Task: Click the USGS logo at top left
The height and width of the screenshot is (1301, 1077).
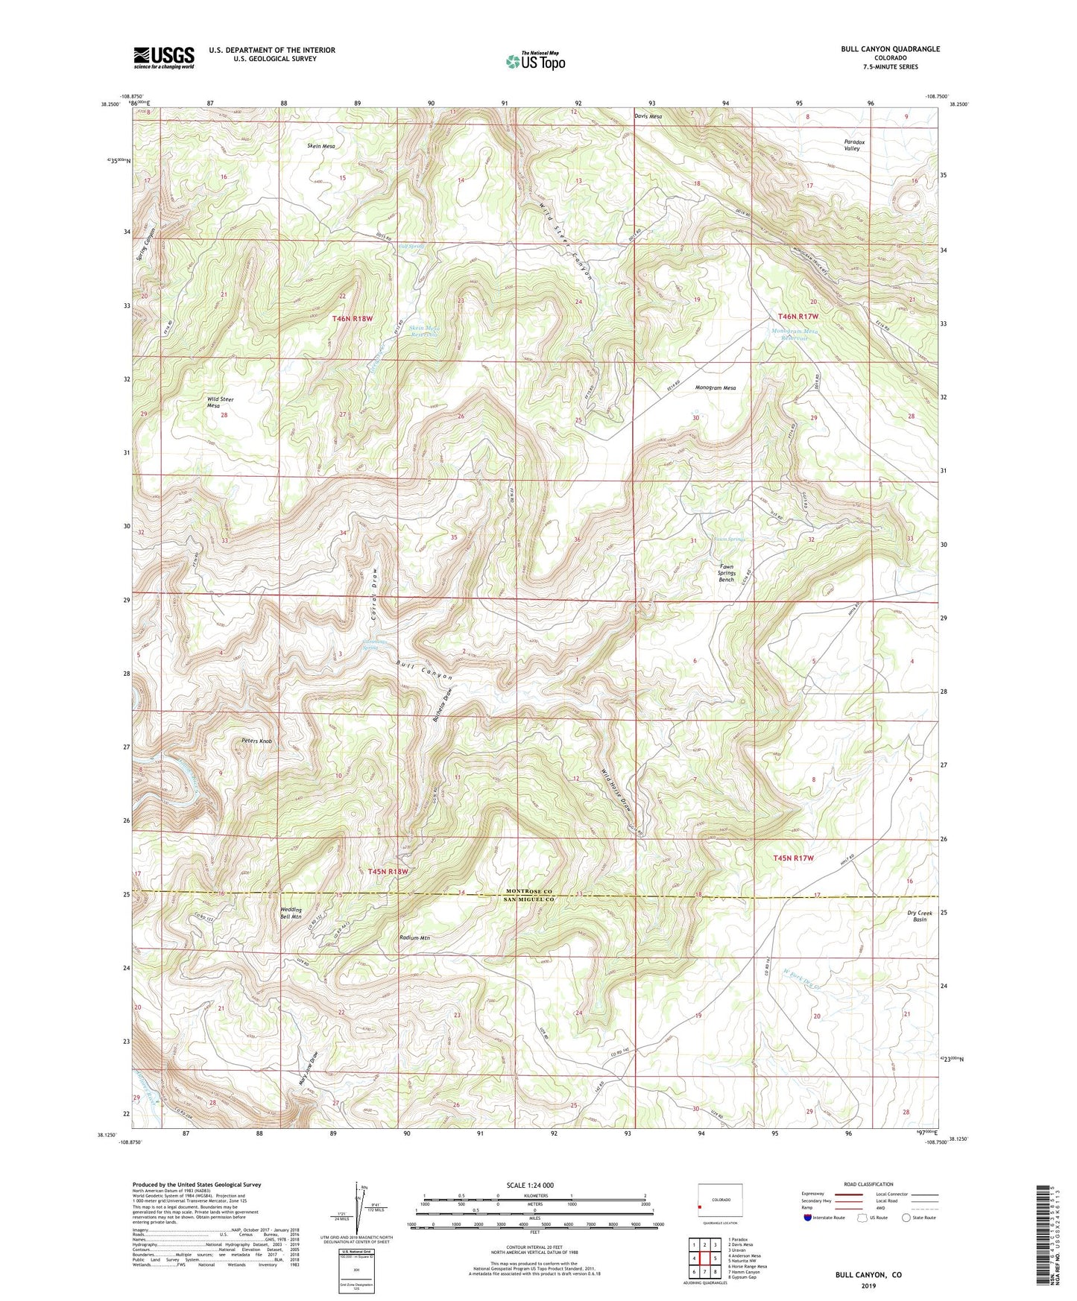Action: [x=164, y=57]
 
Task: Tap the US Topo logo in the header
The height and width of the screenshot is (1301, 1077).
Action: [x=535, y=61]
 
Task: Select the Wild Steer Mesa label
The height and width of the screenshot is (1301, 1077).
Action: [x=220, y=402]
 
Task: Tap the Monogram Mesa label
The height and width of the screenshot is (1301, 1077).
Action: [x=715, y=388]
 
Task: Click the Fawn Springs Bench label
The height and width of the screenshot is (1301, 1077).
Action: [x=726, y=573]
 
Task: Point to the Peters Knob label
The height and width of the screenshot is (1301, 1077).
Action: [x=256, y=741]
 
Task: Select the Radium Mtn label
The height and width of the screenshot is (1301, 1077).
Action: [x=415, y=938]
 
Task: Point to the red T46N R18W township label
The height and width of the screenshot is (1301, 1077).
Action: [x=352, y=318]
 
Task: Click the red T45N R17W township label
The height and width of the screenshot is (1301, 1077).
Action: [x=794, y=858]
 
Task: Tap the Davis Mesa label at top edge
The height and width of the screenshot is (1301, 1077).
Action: [x=648, y=116]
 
